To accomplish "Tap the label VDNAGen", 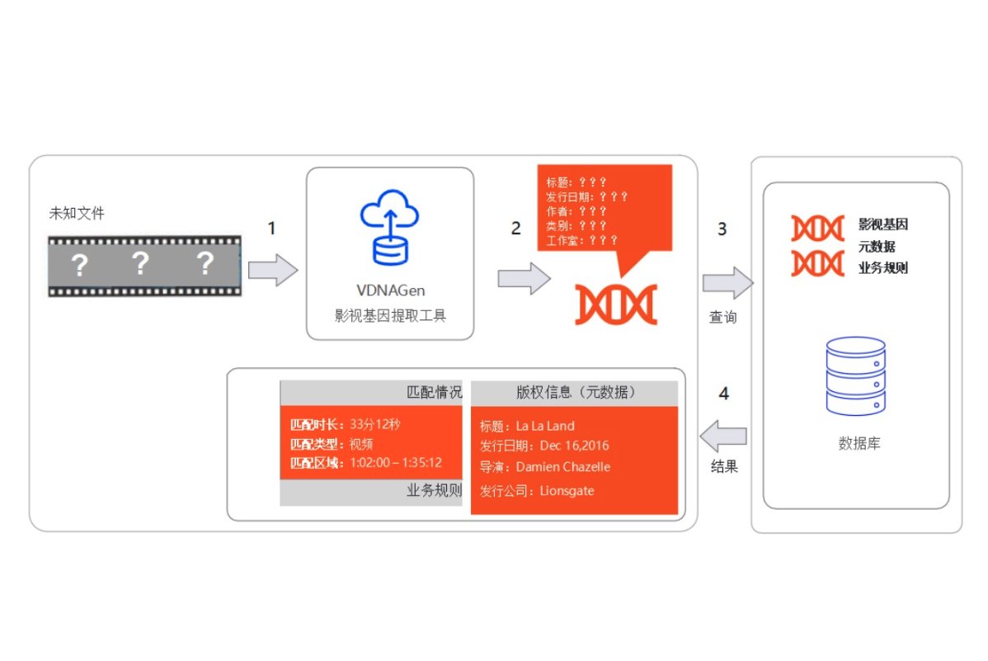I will coord(390,291).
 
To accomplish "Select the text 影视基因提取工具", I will coord(390,315).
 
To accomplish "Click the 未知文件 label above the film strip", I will coord(77,213).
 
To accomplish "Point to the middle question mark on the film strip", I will coord(141,264).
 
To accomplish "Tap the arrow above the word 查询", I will coord(727,283).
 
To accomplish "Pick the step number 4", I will coord(724,394).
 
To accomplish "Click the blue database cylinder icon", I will coord(855,375).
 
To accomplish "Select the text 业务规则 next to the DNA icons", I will coord(883,267).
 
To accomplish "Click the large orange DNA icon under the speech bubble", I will coord(615,304).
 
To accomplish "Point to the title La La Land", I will coord(545,426).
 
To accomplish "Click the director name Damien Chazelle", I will coord(563,467).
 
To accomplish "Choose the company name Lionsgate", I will coord(567,491).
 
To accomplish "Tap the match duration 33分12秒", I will coord(374,424).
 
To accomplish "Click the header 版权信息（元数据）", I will coord(576,392).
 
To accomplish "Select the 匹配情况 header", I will coord(435,392).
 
